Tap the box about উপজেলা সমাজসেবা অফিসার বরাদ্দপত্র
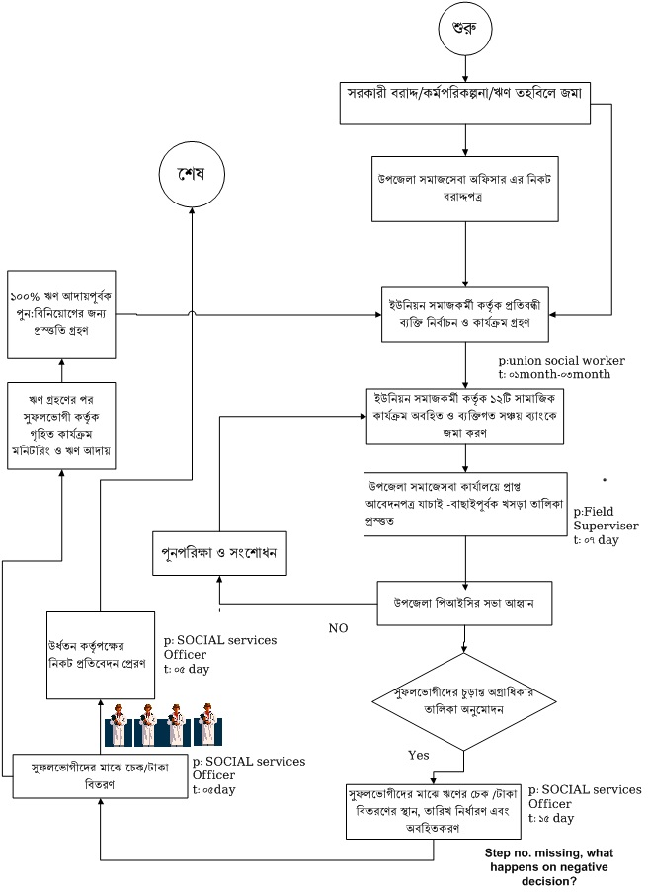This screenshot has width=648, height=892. (464, 187)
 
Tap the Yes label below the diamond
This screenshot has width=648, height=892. (419, 755)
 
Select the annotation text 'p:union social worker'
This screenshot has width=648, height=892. (562, 360)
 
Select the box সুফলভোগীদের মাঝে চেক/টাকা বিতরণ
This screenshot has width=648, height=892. (100, 776)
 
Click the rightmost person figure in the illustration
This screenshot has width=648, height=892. (207, 724)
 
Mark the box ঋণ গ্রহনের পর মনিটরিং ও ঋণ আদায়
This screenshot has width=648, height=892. (61, 426)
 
